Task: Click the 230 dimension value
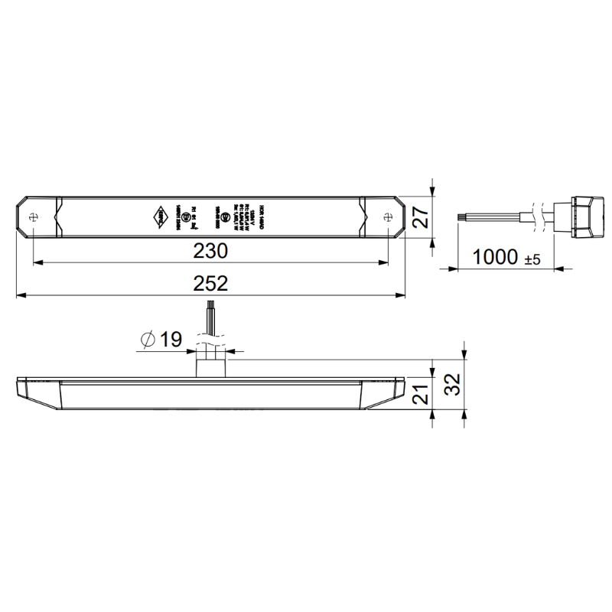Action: coord(210,251)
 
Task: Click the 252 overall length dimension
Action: coord(210,283)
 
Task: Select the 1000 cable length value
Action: coord(496,257)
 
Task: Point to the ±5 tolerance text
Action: coord(532,259)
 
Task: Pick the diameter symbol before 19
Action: coord(149,340)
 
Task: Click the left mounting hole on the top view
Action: coord(34,216)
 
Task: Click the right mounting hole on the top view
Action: coord(389,216)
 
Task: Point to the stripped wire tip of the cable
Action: coord(461,216)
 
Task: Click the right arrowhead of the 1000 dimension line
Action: coord(567,269)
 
